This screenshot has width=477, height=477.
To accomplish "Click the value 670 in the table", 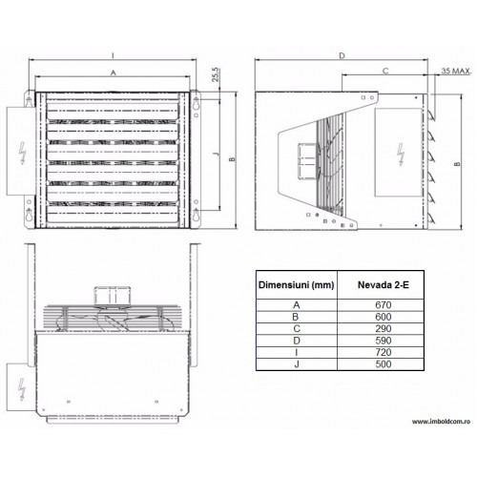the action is click(383, 305).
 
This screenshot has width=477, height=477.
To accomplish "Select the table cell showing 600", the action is click(383, 317).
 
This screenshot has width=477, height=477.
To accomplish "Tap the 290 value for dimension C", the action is click(383, 328).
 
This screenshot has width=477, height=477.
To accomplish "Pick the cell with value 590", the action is click(383, 341).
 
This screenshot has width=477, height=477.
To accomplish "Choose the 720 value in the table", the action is click(383, 352).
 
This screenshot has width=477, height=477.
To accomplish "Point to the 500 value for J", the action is click(383, 364).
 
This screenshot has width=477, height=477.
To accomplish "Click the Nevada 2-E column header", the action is click(384, 285).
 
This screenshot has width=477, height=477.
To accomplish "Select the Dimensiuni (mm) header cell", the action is click(296, 285).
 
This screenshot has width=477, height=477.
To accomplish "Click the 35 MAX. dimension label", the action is click(456, 71).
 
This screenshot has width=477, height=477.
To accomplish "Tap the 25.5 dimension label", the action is click(216, 74).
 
